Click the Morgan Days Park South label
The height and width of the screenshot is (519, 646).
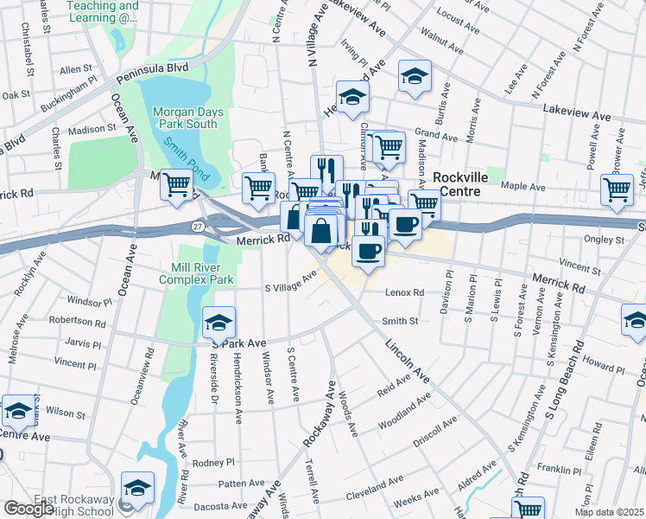click(x=187, y=118)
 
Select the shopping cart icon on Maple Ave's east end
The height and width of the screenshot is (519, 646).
click(x=617, y=189)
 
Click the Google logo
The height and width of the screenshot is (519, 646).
click(x=28, y=509)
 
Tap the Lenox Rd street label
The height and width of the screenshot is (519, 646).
click(x=405, y=293)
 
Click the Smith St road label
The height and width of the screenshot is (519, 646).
click(x=400, y=321)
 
